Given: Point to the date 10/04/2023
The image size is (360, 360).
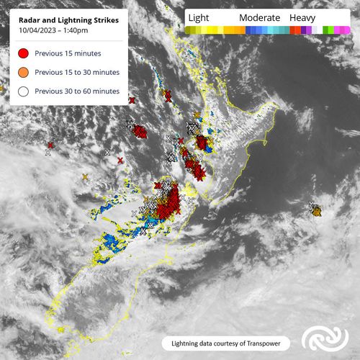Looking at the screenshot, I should point(35,32).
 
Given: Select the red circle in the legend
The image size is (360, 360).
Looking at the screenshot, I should point(24,53).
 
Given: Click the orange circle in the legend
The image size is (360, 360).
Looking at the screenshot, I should point(24,72).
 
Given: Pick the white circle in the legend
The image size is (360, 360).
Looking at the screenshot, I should point(24,91).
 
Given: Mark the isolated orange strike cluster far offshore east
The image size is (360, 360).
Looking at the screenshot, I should point(315,210).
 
